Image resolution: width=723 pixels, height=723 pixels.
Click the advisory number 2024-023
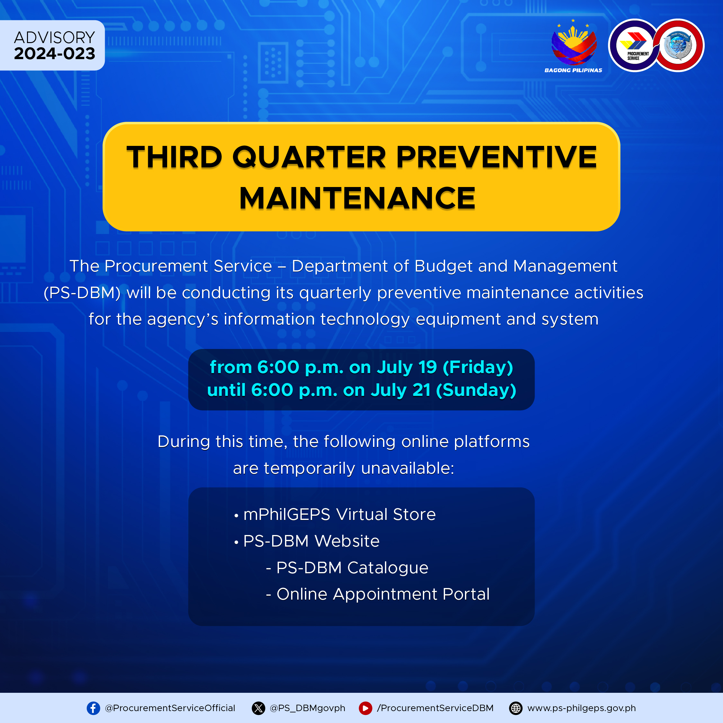(55, 54)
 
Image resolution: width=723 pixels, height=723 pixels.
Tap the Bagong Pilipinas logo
(573, 46)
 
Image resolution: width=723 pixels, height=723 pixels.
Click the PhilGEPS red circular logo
(678, 45)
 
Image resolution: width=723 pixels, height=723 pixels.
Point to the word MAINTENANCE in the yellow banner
(357, 198)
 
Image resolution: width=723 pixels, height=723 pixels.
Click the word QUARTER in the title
(309, 157)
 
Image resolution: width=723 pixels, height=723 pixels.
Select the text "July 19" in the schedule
(407, 367)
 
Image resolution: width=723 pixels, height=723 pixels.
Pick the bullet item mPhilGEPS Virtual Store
(335, 514)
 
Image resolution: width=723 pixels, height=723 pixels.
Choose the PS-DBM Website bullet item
(307, 541)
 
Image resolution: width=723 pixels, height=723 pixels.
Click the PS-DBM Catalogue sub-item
(347, 568)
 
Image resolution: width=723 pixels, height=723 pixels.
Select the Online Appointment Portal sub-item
(378, 594)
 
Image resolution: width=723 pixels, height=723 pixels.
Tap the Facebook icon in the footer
(93, 708)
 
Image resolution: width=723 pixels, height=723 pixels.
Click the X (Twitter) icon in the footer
(258, 708)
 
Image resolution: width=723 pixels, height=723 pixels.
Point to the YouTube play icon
(365, 708)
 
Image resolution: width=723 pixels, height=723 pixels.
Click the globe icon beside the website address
(516, 708)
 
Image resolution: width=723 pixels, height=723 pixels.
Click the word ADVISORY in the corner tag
(55, 38)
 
